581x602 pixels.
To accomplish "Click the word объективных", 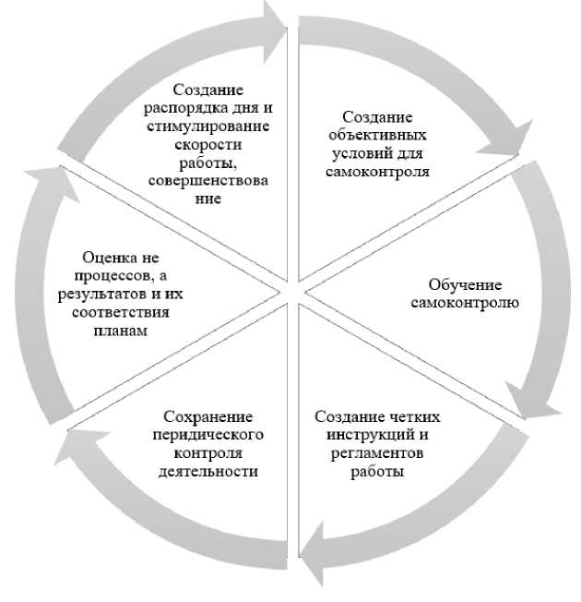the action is click(x=379, y=135).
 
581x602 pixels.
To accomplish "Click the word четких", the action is click(x=410, y=415).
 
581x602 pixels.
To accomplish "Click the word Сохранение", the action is click(x=207, y=416).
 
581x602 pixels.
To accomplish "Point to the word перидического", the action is click(x=207, y=434).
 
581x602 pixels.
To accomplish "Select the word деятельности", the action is click(x=207, y=470).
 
